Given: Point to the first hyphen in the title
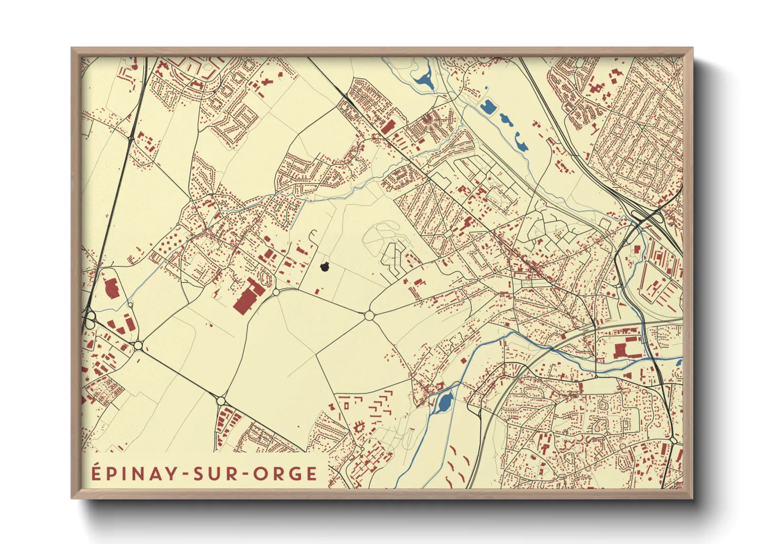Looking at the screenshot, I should pos(184,474).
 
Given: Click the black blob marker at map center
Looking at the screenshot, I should pos(324,267).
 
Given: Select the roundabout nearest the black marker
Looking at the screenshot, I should pos(276,292).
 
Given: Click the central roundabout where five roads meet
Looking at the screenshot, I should pos(369,315).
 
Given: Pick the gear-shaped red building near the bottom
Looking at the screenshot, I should pos(358,426).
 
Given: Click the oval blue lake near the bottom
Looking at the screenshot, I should pos(444,401).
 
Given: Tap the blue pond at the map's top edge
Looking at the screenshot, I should pos(425,79).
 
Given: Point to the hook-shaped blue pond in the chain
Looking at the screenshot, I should pos(521,142).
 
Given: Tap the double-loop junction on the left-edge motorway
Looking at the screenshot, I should pos(90,320).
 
